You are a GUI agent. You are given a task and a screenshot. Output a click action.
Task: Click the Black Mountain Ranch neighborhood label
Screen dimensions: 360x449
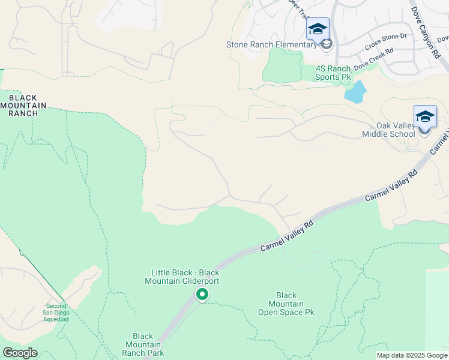23,106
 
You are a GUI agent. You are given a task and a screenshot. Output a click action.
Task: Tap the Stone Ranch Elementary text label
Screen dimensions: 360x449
271,44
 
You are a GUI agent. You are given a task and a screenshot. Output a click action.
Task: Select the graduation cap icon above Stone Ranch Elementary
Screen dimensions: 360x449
318,29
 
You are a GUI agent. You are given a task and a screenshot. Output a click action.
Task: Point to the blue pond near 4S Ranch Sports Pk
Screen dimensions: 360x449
355,92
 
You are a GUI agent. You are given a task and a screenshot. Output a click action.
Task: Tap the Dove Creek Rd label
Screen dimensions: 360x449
373,59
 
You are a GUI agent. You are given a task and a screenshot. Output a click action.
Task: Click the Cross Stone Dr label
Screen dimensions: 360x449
385,41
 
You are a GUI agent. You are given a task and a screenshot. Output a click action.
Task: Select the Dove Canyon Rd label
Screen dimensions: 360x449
425,32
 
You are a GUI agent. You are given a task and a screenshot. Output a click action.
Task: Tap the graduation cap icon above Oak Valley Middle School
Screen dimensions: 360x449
425,116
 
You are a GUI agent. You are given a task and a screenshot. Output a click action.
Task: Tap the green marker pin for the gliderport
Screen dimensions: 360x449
202,294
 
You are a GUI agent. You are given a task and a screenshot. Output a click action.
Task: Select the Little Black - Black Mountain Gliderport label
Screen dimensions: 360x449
182,277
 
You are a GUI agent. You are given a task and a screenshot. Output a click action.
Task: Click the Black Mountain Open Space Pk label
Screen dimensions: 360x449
286,304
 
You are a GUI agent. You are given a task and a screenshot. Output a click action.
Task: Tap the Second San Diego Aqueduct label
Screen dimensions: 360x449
57,312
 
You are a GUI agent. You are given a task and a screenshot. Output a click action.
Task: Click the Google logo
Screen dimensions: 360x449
20,352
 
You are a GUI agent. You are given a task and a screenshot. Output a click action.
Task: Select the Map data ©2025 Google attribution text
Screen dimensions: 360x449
412,355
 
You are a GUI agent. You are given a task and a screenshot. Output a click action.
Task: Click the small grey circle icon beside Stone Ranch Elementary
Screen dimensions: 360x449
326,44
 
